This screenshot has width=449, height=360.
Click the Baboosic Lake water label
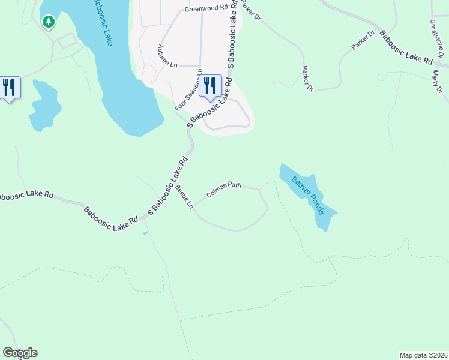102,23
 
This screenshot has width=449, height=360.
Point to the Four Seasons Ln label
188,91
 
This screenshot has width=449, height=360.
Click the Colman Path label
224,190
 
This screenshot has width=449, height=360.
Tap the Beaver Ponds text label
308,196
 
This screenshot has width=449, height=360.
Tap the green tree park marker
49,22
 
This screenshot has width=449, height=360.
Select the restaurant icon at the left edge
9,87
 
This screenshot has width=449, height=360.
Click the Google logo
20,353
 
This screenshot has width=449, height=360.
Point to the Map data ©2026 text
423,355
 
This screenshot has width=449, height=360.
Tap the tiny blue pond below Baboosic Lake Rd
145,233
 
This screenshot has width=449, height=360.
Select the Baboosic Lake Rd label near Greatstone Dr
406,52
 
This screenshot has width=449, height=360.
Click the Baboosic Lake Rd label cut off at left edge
27,196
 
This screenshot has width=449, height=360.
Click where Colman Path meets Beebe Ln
193,206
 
